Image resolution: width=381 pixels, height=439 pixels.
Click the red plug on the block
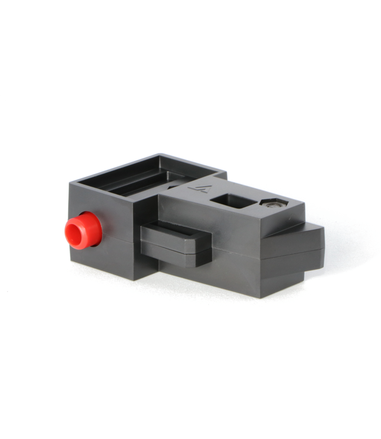(83, 231)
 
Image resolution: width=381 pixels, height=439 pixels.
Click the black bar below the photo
(190, 401)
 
